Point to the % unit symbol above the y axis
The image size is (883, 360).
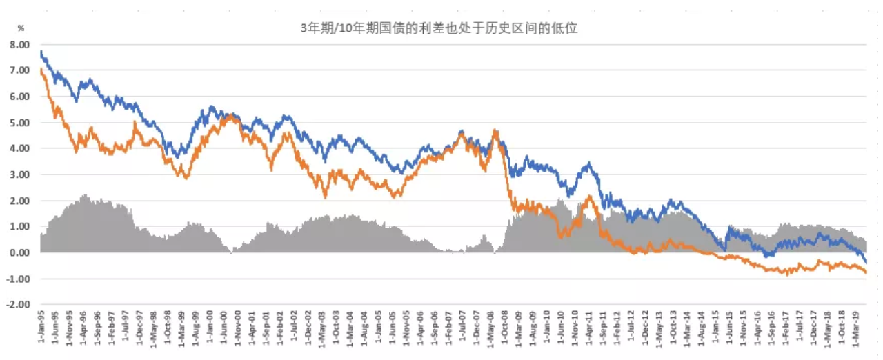21,28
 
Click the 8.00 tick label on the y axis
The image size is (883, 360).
19,44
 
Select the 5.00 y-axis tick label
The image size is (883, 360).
19,123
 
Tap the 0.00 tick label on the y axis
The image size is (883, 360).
19,252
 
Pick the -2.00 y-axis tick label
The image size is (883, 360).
19,304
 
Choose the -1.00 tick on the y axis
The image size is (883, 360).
19,279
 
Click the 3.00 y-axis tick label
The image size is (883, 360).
19,174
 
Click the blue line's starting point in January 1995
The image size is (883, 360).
41,51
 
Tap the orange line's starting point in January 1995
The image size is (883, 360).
41,69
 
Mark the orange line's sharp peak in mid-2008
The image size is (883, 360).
495,130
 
